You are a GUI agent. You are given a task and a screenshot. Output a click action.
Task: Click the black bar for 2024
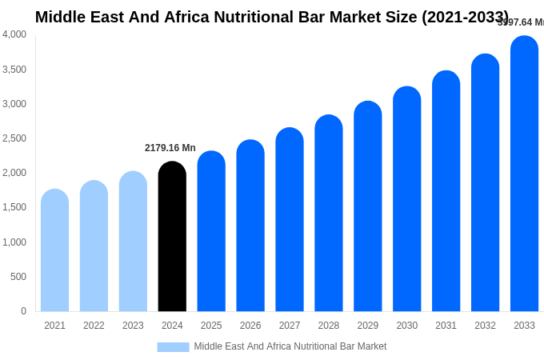[172, 237]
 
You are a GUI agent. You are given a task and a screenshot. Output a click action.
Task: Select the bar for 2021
[54, 250]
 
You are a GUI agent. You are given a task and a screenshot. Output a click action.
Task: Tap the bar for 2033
[524, 174]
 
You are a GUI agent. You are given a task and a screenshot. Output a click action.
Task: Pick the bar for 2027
[290, 220]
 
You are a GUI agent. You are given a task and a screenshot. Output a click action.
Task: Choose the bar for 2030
[406, 199]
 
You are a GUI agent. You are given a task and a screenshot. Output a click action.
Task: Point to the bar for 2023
[133, 242]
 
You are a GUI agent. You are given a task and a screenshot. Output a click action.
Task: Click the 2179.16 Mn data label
[170, 148]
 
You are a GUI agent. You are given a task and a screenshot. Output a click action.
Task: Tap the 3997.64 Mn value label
[521, 22]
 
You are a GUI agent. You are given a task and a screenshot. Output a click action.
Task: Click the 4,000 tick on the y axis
[14, 34]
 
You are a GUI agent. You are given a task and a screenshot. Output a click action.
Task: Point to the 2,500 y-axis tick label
[14, 138]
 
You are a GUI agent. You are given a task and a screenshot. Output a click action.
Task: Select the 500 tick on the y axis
[18, 277]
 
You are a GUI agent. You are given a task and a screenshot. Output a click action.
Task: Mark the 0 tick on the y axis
[23, 311]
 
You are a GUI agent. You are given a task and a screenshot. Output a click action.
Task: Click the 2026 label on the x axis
[250, 326]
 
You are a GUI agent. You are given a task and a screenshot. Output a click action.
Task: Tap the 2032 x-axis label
[485, 326]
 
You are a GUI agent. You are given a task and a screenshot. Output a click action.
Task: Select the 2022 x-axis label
[94, 326]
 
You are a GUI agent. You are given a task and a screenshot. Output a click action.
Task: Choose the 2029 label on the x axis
[368, 326]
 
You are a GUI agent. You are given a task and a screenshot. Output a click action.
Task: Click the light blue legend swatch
[173, 347]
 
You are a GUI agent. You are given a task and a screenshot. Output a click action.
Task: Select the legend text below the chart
[290, 346]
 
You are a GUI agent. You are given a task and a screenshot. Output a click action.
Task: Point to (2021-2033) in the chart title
[465, 17]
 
